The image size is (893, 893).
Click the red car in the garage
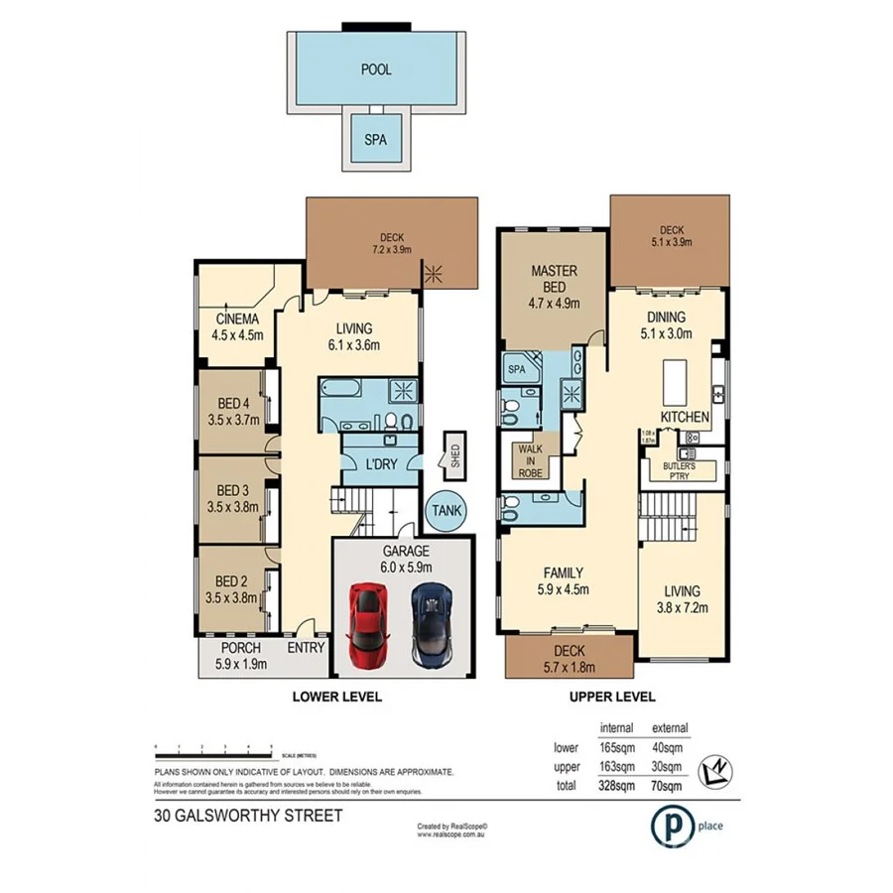(368, 625)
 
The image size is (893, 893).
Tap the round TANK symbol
(446, 511)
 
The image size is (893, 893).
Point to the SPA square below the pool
(375, 140)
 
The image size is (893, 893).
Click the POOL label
(375, 69)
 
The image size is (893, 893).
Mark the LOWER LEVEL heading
(336, 698)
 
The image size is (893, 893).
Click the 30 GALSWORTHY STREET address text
(247, 816)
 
